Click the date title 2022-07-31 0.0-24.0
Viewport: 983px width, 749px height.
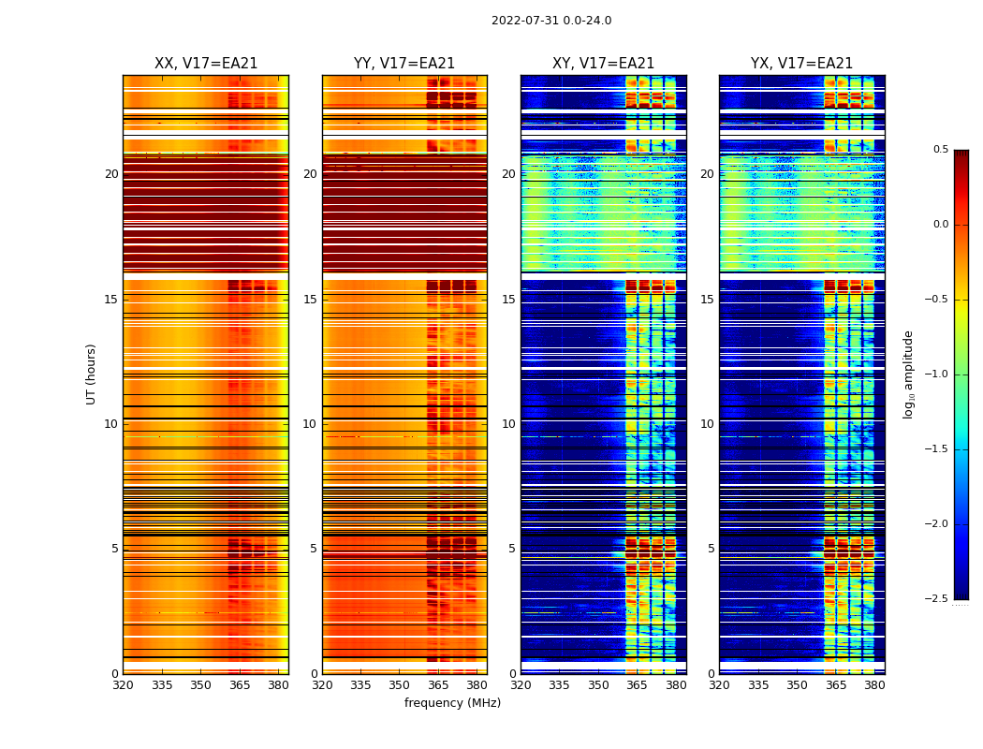[551, 21]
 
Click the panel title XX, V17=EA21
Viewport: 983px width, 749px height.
[206, 64]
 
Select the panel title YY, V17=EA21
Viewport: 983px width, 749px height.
[404, 64]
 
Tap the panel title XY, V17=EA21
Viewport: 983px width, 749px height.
[604, 64]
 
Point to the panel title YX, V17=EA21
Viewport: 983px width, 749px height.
[802, 64]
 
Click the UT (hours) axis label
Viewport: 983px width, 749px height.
[92, 374]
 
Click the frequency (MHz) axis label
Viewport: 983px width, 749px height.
[452, 703]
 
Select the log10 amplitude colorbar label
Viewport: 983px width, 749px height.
[908, 374]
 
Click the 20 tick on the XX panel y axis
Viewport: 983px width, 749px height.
[111, 174]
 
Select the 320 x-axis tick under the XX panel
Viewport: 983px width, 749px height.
[123, 685]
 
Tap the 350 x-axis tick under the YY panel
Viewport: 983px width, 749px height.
[400, 685]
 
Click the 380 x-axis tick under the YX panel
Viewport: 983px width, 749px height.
[874, 685]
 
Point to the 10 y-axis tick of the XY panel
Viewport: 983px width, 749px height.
[508, 424]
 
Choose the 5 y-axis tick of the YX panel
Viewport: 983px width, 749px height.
[711, 549]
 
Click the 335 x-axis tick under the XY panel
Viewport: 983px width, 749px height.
[560, 685]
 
